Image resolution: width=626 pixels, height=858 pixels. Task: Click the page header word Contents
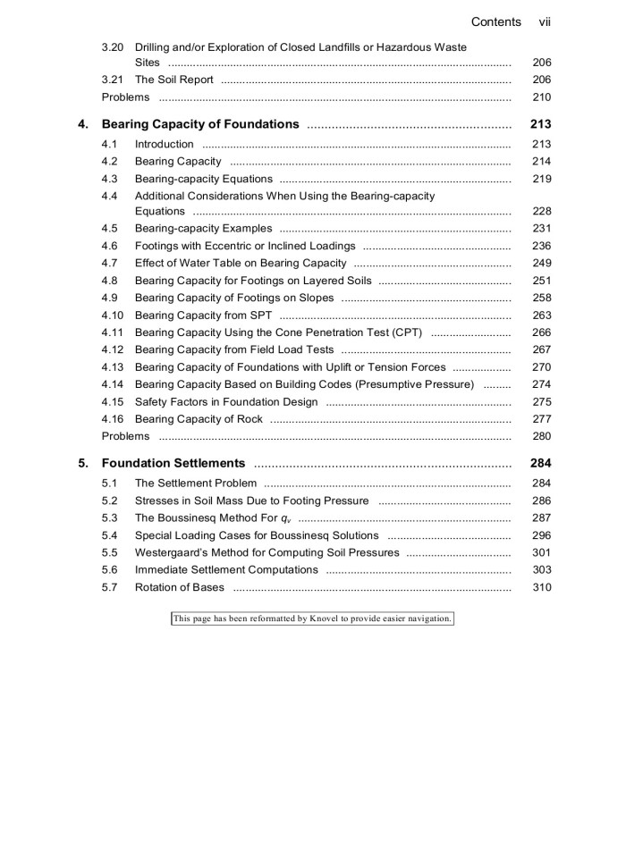point(495,21)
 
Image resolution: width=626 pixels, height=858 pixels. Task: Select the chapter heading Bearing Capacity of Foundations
point(200,124)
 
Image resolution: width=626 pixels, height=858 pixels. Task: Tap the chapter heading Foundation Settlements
point(173,463)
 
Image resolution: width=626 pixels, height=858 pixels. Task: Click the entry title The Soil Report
point(173,80)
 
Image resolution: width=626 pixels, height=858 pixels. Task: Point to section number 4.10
point(113,315)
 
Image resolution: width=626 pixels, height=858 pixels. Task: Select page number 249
point(541,263)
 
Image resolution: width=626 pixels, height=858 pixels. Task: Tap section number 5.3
point(109,517)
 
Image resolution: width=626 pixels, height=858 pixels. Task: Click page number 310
point(541,587)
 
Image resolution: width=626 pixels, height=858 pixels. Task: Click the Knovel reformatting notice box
point(312,618)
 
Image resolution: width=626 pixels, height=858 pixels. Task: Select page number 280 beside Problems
point(541,436)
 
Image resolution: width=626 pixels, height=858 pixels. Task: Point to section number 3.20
point(113,46)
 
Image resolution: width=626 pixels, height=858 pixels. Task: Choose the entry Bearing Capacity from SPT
point(203,315)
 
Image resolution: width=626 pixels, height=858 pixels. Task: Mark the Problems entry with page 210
point(126,97)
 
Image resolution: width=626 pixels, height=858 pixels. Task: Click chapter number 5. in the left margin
point(83,463)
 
